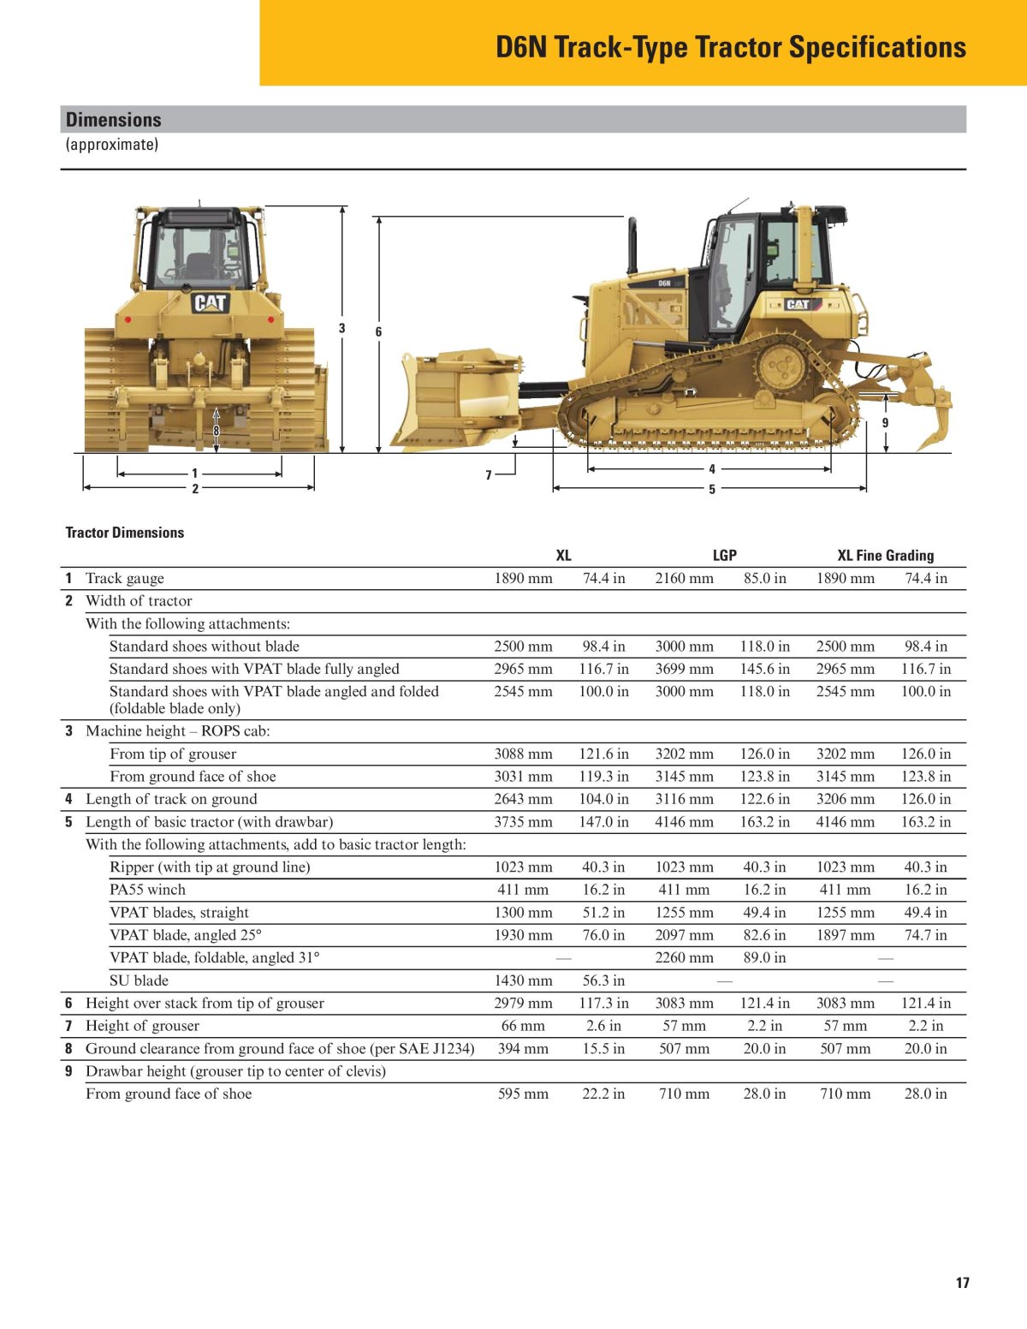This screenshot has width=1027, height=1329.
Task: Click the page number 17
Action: (963, 1283)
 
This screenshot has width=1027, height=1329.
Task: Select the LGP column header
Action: (724, 555)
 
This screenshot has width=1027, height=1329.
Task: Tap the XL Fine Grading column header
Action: (885, 555)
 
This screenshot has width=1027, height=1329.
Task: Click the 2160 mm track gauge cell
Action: (684, 578)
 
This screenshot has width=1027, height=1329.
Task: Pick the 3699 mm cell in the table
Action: (684, 669)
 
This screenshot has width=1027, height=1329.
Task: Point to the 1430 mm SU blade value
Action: (523, 980)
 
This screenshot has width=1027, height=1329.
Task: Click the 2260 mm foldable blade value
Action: (684, 957)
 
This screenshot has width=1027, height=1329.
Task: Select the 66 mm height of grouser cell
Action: (523, 1026)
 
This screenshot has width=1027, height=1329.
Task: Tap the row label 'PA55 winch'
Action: (147, 890)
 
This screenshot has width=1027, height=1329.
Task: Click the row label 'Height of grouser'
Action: (142, 1026)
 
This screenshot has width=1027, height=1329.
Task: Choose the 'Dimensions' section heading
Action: (113, 120)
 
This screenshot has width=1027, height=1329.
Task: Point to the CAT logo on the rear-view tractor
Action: (210, 302)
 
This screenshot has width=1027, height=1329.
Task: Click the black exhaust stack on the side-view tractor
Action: (632, 244)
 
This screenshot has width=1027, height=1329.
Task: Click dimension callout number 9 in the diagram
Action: (885, 423)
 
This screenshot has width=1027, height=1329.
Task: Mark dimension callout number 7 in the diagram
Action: (489, 475)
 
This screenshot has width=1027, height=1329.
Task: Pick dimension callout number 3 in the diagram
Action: (342, 328)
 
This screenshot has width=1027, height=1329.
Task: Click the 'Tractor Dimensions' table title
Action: (125, 533)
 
